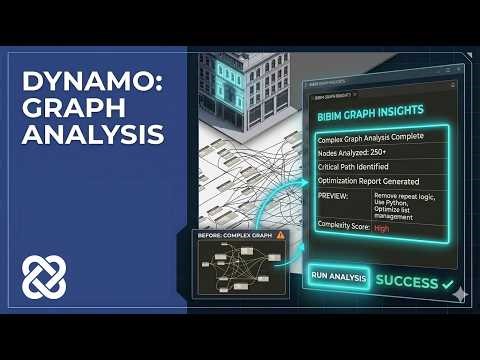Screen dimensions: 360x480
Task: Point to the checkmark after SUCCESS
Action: pos(447,283)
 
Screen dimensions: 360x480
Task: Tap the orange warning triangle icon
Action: pos(280,235)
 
